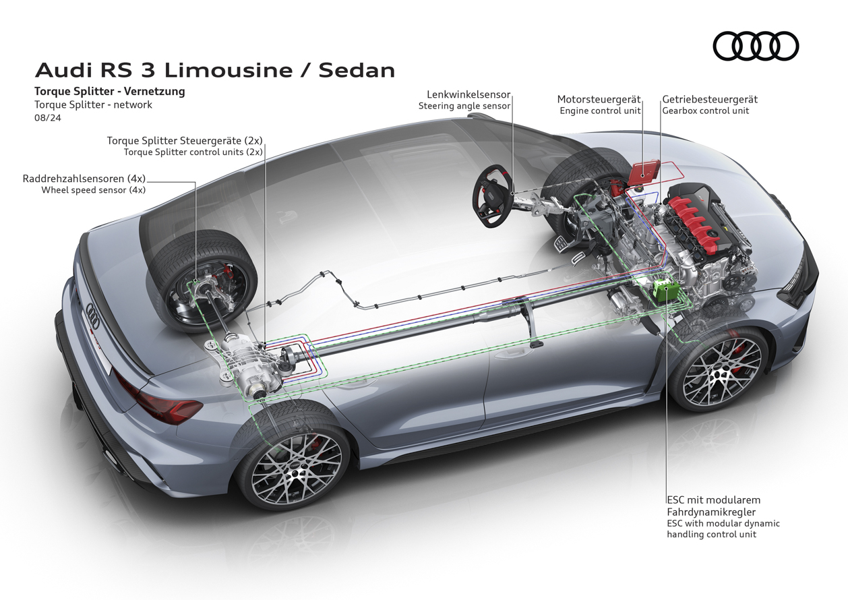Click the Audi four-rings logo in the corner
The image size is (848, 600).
[x=755, y=47]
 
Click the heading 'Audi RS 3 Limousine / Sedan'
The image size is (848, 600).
[x=215, y=70]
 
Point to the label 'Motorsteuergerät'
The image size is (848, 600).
[x=599, y=99]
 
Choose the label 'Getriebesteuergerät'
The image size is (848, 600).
[x=710, y=99]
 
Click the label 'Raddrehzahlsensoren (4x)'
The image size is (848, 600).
[x=84, y=179]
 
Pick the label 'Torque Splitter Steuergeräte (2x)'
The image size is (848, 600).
[x=184, y=141]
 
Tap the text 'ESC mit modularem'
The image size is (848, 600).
[x=713, y=500]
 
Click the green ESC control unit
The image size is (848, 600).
[x=664, y=291]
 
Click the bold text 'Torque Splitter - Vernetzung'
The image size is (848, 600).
[x=109, y=91]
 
